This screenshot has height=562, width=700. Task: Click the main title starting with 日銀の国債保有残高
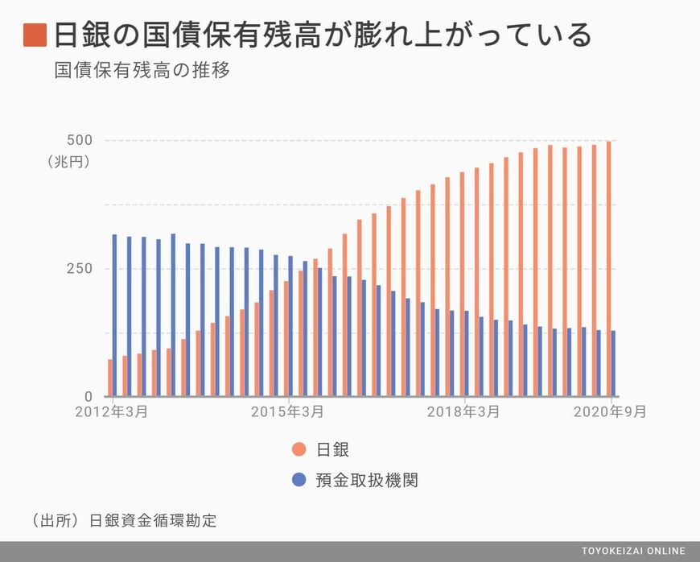(x=322, y=35)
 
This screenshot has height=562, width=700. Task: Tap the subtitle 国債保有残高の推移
(x=142, y=71)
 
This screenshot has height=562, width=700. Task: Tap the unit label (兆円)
(x=68, y=161)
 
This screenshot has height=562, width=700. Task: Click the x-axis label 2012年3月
(x=113, y=411)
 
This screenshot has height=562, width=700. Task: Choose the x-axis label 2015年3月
(x=288, y=411)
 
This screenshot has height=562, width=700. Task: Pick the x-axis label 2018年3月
(x=463, y=411)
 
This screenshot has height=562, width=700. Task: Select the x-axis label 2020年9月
(x=610, y=411)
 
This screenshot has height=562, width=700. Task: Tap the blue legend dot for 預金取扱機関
(x=299, y=480)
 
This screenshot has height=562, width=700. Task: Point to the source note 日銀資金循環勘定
(x=154, y=520)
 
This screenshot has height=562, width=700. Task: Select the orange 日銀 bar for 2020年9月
(x=608, y=269)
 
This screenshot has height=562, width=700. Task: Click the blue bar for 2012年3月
(x=114, y=316)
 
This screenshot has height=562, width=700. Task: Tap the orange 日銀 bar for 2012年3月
(x=110, y=378)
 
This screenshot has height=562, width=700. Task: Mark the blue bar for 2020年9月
(x=613, y=363)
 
